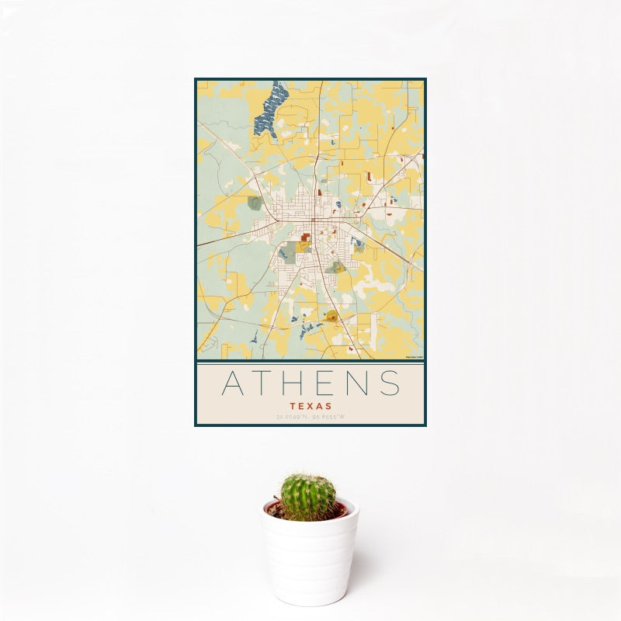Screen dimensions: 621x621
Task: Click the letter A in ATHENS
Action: pos(234,383)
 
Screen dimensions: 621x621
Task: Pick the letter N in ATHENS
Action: pos(361,383)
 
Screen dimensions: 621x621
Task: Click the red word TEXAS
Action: pos(310,406)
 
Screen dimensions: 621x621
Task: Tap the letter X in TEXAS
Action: pos(310,406)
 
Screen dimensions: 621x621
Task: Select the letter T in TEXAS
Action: pos(293,406)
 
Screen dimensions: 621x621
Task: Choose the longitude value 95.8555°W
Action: pos(328,417)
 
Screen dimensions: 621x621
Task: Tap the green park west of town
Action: pos(255,203)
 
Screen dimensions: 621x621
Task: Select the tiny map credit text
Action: pos(414,357)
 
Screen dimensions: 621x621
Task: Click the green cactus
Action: pos(307,497)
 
